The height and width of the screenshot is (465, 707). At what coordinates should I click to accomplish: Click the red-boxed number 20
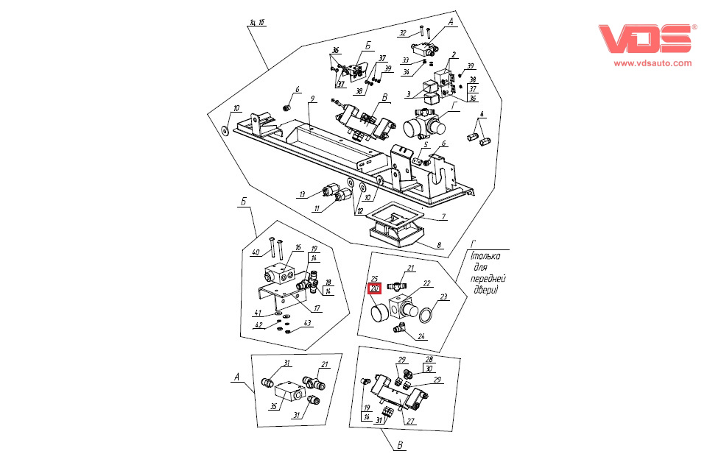(374, 288)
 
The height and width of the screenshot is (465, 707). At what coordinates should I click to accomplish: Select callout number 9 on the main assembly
(312, 99)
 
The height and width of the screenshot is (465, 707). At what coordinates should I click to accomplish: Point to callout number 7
(444, 216)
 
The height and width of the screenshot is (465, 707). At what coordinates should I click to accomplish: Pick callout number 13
(301, 194)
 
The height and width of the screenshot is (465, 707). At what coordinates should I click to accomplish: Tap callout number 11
(317, 210)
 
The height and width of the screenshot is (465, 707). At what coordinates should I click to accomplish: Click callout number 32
(402, 33)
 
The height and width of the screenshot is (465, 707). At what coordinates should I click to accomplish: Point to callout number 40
(255, 253)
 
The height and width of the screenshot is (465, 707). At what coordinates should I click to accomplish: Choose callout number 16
(299, 248)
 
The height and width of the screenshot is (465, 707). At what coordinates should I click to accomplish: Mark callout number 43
(307, 324)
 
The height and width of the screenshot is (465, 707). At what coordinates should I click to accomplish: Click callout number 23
(443, 297)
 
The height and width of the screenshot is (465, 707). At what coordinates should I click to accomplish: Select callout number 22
(426, 283)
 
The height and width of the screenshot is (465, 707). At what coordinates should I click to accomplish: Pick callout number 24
(422, 337)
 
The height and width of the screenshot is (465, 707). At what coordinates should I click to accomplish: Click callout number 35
(274, 405)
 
